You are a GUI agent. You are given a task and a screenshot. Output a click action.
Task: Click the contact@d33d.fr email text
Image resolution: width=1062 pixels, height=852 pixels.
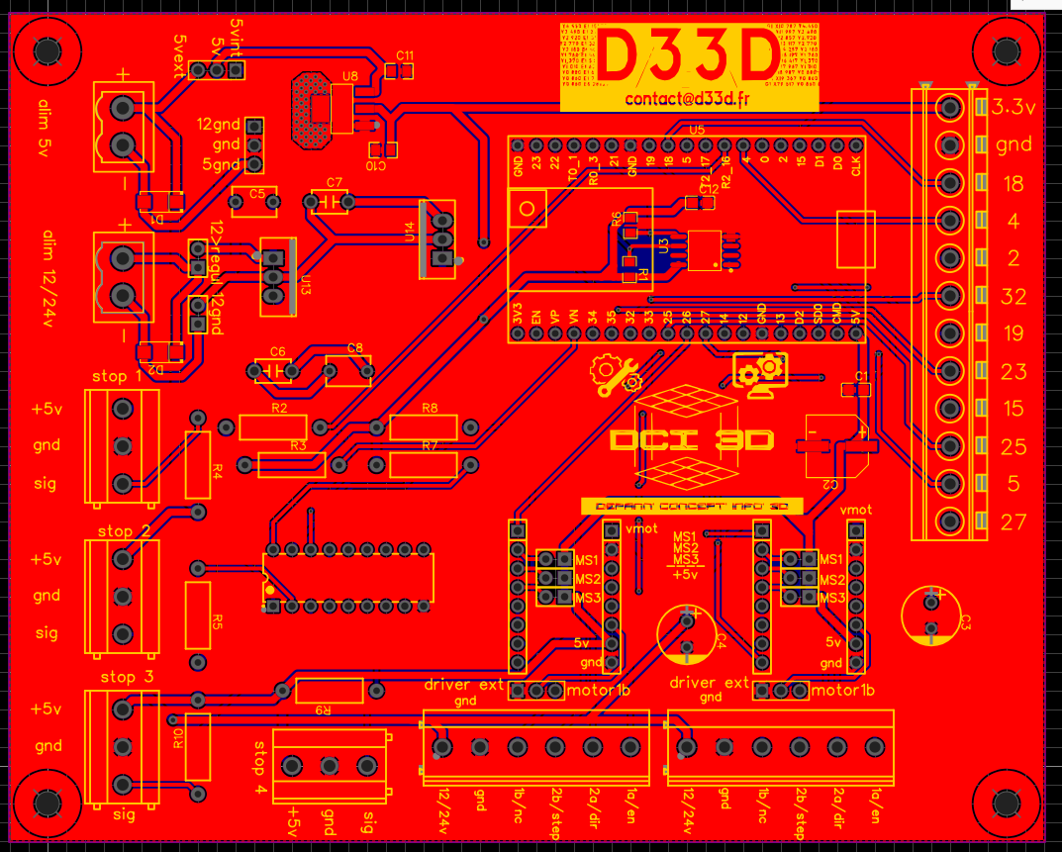point(689,99)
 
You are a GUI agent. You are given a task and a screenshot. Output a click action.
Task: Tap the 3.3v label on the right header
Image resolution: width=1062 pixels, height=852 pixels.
point(1014,107)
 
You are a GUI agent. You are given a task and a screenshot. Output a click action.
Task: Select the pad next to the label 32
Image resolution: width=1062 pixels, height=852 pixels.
point(951,295)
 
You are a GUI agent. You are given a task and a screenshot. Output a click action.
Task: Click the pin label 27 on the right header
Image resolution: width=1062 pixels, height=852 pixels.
point(1014,521)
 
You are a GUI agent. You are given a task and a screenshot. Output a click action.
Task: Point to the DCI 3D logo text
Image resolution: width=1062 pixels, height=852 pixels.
point(692,440)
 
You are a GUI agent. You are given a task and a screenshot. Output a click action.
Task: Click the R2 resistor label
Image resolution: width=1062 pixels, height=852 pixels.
point(278,409)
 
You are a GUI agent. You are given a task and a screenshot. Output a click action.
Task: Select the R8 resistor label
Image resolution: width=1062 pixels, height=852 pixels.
point(430,408)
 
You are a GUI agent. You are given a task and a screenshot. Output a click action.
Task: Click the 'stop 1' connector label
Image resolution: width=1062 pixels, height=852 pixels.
point(117,377)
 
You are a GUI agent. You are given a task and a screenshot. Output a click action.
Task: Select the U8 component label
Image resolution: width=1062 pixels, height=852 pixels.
point(350,75)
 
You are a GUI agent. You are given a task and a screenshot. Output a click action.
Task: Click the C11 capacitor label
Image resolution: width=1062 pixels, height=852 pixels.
point(404,54)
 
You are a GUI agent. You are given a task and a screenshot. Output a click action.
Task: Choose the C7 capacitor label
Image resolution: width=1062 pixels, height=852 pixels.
point(334,183)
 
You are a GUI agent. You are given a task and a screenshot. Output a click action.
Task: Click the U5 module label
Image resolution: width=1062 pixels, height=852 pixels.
point(697,130)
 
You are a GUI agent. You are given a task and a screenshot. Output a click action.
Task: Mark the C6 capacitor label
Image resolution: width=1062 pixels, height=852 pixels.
point(277,352)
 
